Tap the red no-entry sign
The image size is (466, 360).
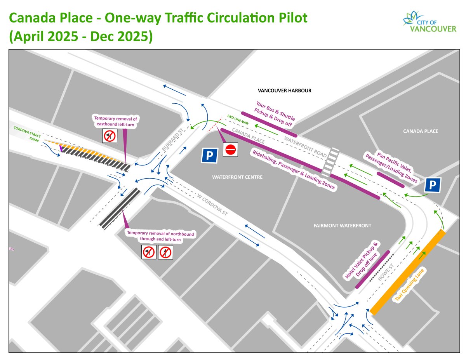click(231, 150)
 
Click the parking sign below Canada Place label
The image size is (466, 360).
click(433, 185)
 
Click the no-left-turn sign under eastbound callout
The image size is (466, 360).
click(110, 136)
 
